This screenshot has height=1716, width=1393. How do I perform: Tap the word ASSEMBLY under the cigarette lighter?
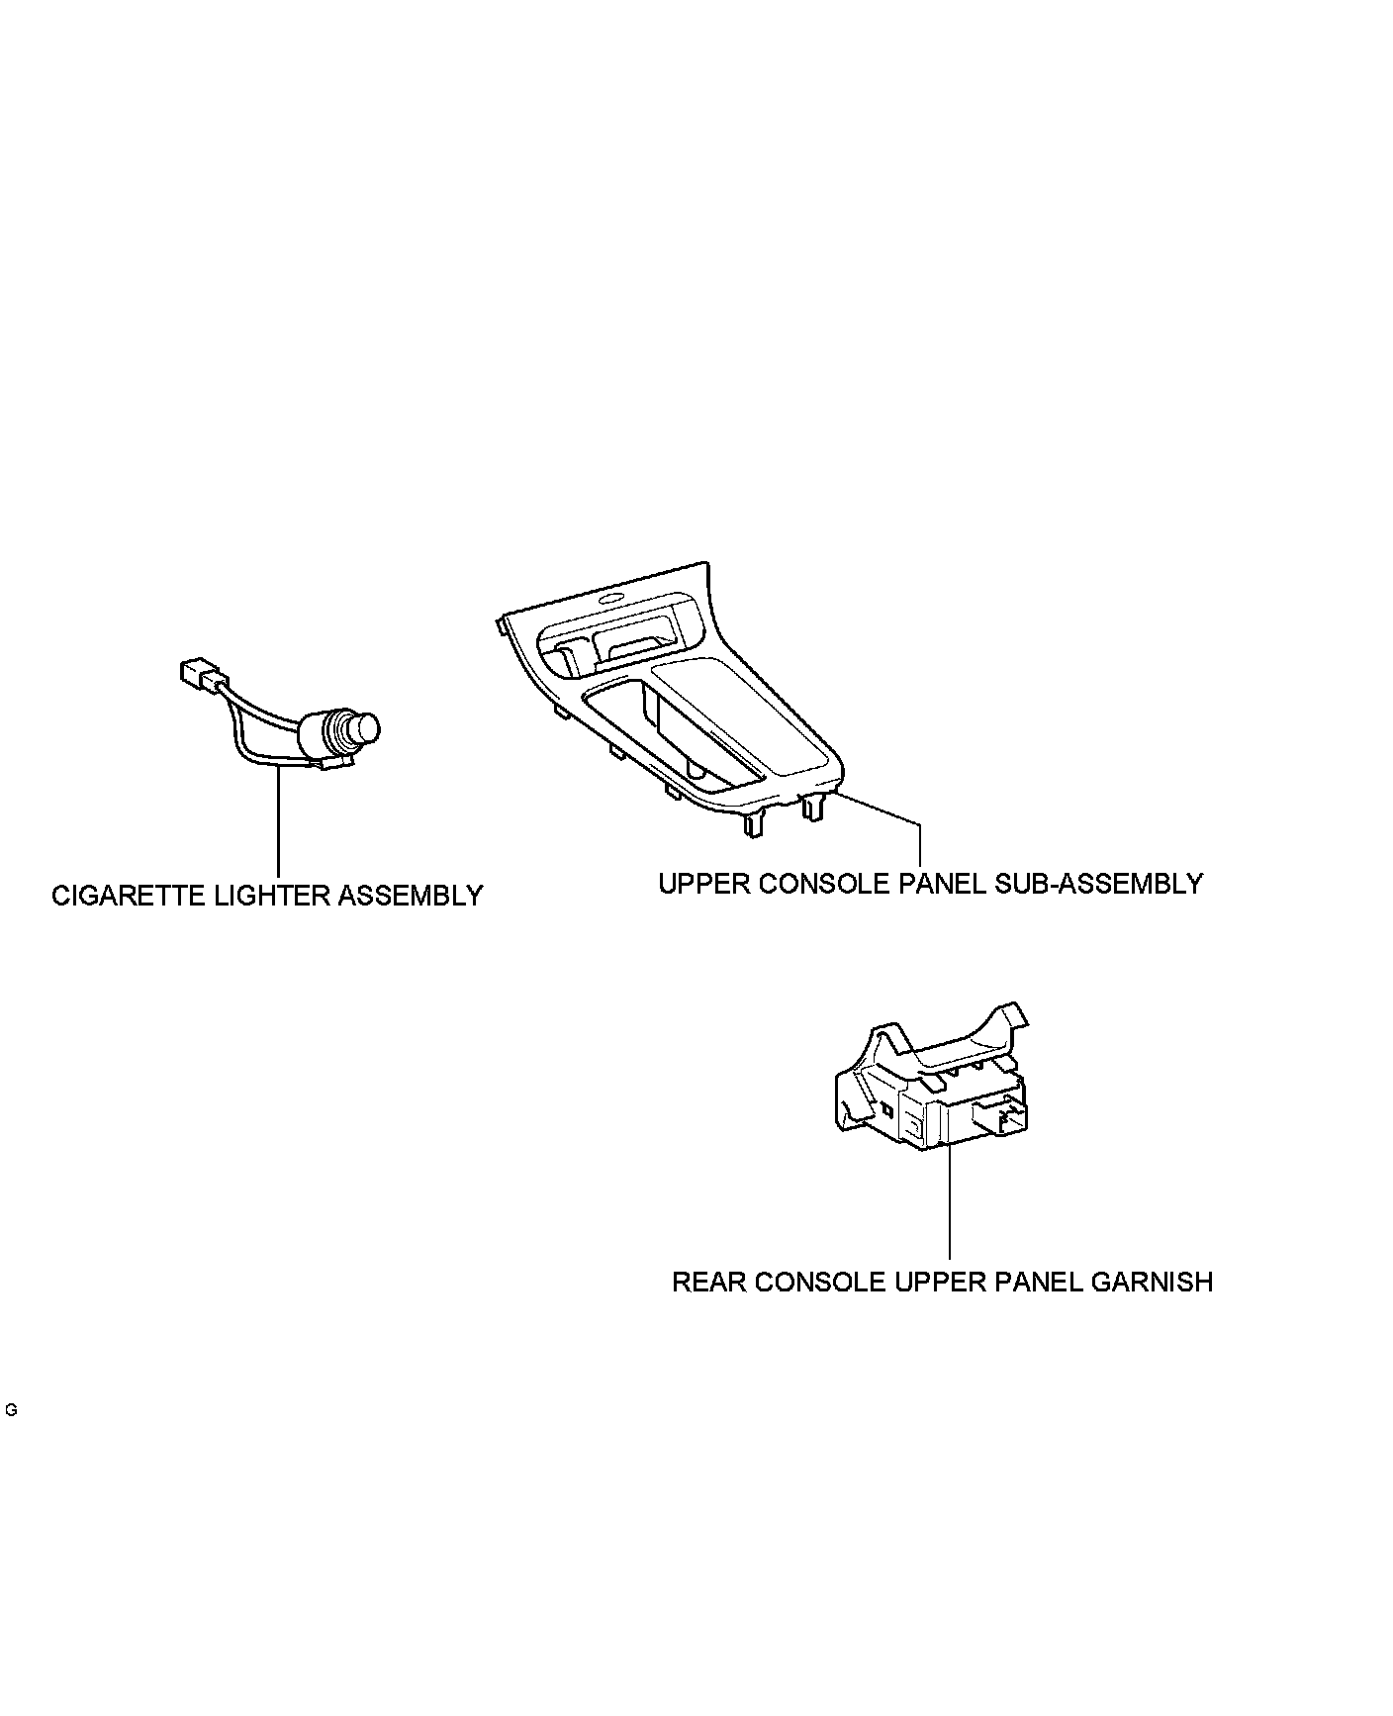point(411,897)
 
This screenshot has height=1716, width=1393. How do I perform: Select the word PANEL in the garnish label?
point(1038,1283)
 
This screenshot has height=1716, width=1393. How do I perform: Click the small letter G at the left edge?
point(11,1410)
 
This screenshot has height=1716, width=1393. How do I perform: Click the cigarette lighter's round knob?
point(367,729)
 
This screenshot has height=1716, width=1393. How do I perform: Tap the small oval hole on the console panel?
point(612,599)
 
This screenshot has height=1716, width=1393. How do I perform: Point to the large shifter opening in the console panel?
point(683,737)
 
